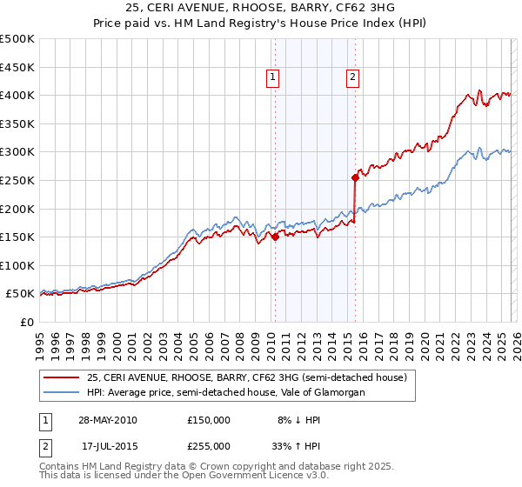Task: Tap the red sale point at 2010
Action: pyautogui.click(x=275, y=236)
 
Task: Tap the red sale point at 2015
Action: pyautogui.click(x=355, y=177)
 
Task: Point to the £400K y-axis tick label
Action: pyautogui.click(x=18, y=95)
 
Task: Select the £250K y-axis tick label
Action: pyautogui.click(x=18, y=180)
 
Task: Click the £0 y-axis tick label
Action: pyautogui.click(x=26, y=323)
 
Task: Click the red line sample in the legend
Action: pyautogui.click(x=61, y=377)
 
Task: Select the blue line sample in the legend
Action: pyautogui.click(x=61, y=393)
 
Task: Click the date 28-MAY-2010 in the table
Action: pyautogui.click(x=108, y=419)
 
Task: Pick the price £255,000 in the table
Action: pyautogui.click(x=209, y=445)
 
